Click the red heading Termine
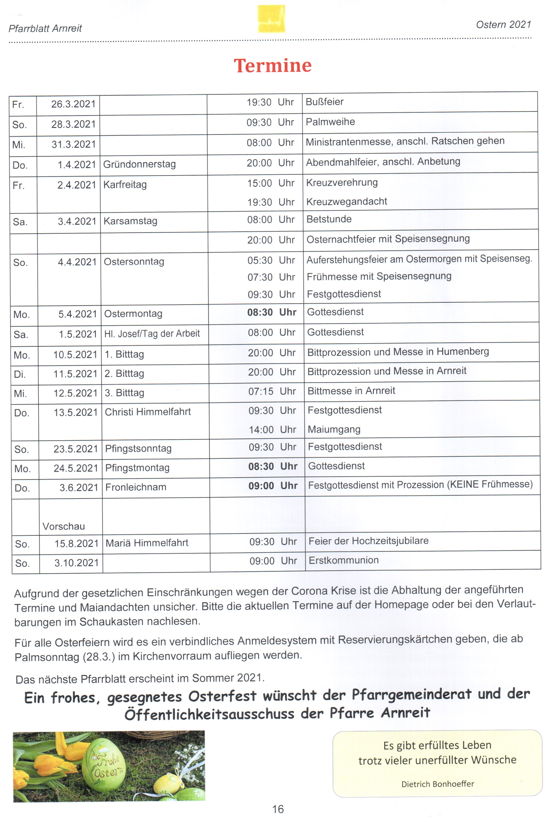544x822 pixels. [273, 66]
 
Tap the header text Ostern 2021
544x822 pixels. [503, 25]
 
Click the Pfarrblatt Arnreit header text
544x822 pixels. [45, 28]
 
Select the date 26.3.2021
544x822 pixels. [73, 104]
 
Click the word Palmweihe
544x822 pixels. [330, 122]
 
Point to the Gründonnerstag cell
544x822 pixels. [139, 164]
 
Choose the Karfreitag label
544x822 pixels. [125, 185]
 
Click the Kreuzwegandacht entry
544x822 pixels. [347, 202]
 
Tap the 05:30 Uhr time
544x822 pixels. [271, 260]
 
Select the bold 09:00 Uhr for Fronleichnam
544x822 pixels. [273, 486]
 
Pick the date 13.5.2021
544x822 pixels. [76, 412]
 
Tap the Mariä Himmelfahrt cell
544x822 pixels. [147, 543]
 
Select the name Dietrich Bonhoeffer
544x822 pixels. [437, 784]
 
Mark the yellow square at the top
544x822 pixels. [271, 19]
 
